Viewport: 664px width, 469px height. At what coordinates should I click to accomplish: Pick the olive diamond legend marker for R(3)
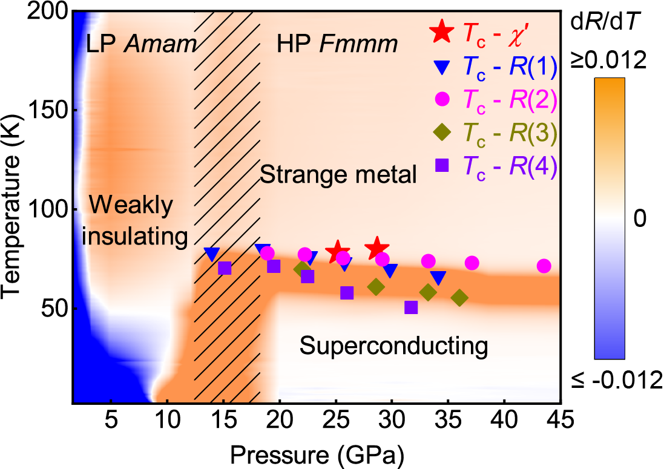click(x=441, y=131)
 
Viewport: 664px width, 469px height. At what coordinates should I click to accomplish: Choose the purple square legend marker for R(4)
click(x=441, y=163)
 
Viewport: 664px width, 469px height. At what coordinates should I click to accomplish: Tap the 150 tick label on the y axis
click(x=47, y=110)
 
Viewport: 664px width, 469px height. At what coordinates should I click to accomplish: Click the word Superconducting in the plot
click(x=394, y=346)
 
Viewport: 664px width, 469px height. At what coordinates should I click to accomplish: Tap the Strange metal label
click(x=338, y=175)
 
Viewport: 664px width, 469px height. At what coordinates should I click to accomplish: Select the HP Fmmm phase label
click(x=337, y=43)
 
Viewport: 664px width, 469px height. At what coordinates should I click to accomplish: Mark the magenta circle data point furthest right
click(x=544, y=266)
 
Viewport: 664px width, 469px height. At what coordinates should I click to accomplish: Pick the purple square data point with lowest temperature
click(x=412, y=307)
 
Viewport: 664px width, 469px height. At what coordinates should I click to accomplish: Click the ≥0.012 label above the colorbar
click(x=614, y=62)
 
